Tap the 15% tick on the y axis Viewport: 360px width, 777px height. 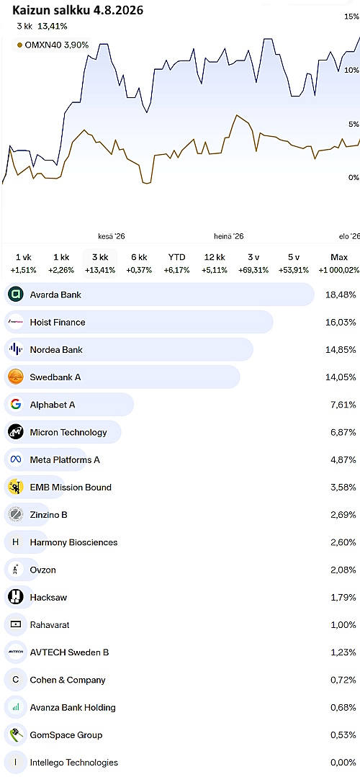tap(351, 17)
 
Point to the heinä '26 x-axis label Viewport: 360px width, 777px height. tap(229, 237)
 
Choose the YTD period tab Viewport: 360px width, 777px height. tap(176, 257)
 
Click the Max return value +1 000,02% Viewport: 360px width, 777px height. tap(338, 270)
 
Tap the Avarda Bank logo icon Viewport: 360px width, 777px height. tap(16, 295)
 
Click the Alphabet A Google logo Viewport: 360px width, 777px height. tap(16, 405)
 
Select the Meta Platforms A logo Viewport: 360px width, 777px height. tap(16, 460)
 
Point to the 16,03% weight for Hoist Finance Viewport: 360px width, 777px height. tap(341, 323)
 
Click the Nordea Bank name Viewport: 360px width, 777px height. tap(56, 350)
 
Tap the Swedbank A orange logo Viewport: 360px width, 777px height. tap(16, 377)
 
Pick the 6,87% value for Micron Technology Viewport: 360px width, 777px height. tap(343, 433)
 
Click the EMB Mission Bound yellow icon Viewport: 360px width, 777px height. tap(16, 487)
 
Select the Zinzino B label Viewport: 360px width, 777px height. tap(48, 515)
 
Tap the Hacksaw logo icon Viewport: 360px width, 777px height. tap(16, 598)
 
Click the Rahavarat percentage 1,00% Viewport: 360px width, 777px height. tap(343, 625)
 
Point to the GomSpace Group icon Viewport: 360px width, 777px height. tap(16, 735)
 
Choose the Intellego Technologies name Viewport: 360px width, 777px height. tap(73, 763)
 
